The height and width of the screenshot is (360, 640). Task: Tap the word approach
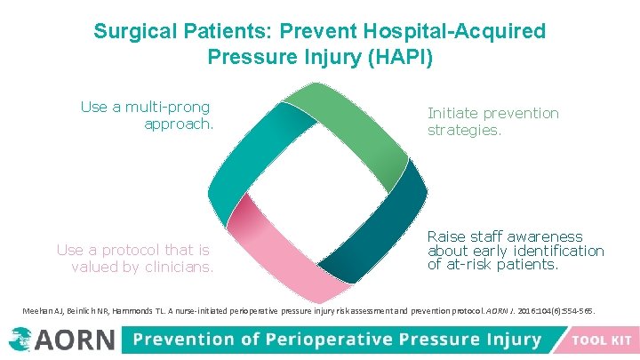[x=179, y=124]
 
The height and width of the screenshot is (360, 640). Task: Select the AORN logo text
[x=76, y=340]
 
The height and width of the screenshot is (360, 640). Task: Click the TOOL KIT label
[x=602, y=340]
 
